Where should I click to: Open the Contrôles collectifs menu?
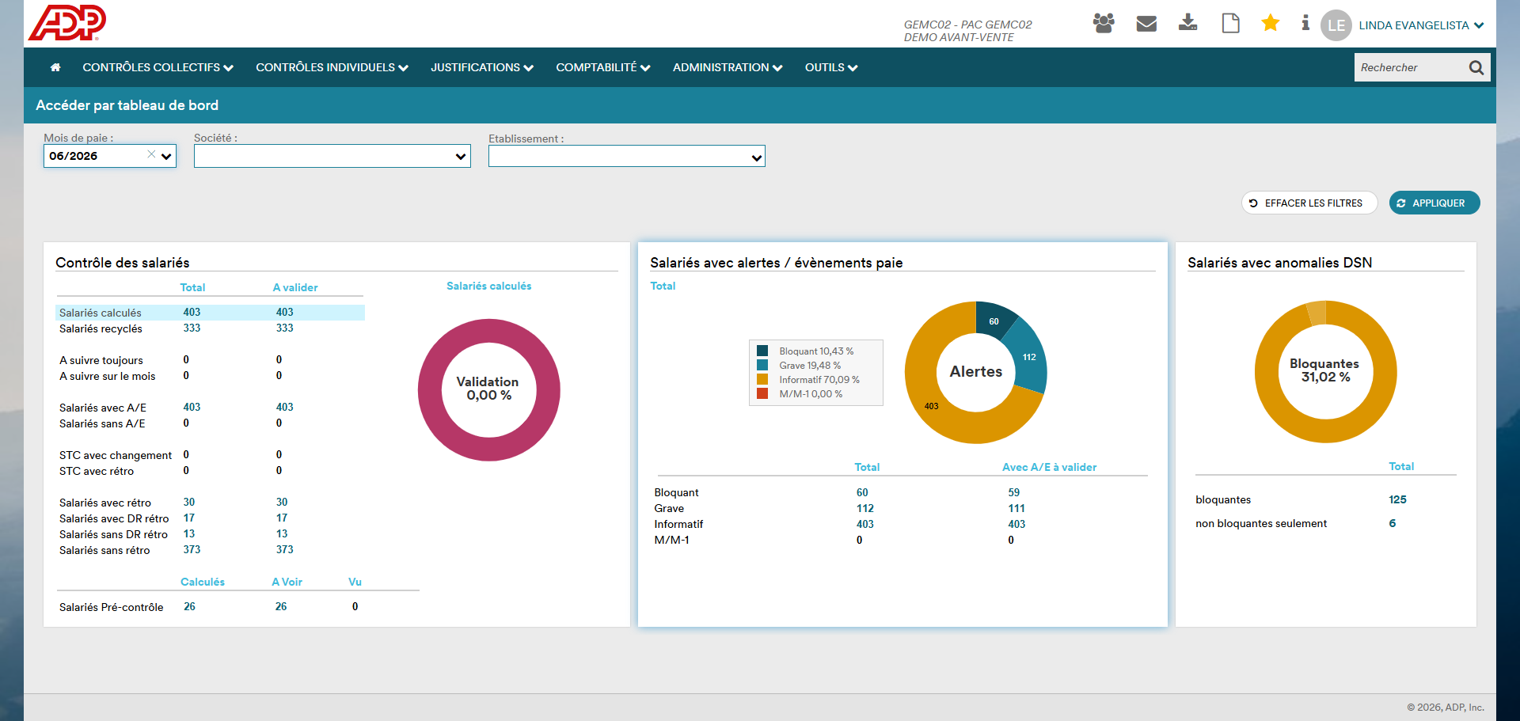tap(158, 67)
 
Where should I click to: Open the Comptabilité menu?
tap(602, 67)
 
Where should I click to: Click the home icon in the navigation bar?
tap(55, 67)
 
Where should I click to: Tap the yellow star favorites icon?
tap(1270, 23)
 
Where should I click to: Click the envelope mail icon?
tap(1146, 24)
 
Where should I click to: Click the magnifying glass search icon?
tap(1476, 67)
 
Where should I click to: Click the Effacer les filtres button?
tap(1309, 203)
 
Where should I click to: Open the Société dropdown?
tap(332, 156)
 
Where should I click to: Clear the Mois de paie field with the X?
tap(151, 154)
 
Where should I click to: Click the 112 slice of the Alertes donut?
tap(1028, 357)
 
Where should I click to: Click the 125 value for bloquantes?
tap(1397, 499)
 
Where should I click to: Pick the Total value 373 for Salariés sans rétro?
tap(192, 550)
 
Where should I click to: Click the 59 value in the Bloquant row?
tap(1014, 492)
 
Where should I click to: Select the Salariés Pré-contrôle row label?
tap(112, 607)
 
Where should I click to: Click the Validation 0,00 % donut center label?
tap(488, 389)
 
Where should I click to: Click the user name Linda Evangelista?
tap(1414, 25)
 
